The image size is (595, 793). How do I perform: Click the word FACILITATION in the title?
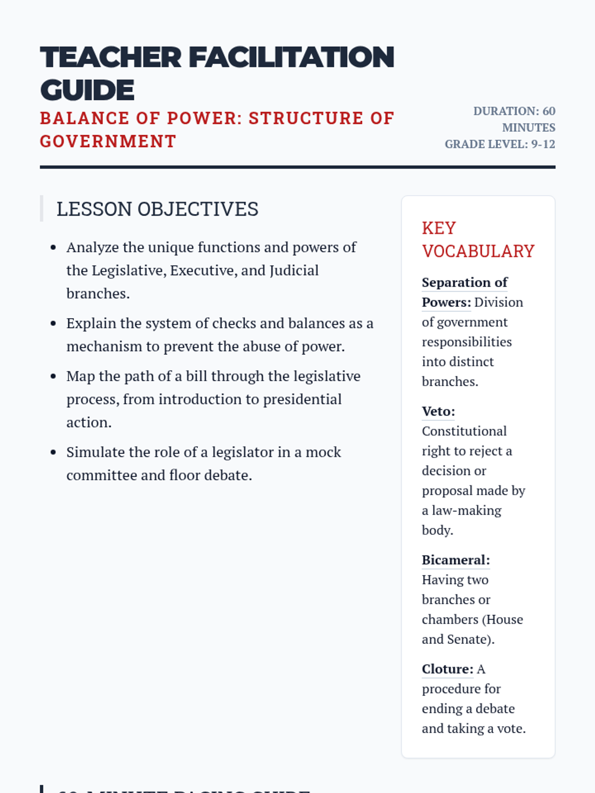tap(292, 57)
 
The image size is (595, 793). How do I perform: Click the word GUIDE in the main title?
tap(87, 90)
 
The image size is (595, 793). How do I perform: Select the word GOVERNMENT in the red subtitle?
tap(108, 142)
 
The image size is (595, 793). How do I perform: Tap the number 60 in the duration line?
tap(548, 111)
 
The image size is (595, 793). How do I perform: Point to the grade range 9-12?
tap(543, 144)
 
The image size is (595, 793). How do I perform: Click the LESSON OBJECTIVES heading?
tap(157, 209)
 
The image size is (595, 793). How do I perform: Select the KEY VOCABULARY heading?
tap(478, 240)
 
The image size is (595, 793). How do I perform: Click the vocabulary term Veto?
tap(438, 411)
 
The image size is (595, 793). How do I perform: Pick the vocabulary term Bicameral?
tap(455, 560)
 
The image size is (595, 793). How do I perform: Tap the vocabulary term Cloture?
tap(447, 669)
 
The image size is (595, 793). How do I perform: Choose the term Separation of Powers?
tap(465, 292)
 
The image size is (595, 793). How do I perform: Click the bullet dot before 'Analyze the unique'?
tap(54, 247)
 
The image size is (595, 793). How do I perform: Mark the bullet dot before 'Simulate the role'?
tap(54, 452)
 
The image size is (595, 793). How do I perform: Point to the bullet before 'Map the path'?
tap(54, 376)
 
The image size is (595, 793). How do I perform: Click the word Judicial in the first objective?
tap(294, 271)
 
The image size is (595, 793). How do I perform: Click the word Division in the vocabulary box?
tap(498, 302)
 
